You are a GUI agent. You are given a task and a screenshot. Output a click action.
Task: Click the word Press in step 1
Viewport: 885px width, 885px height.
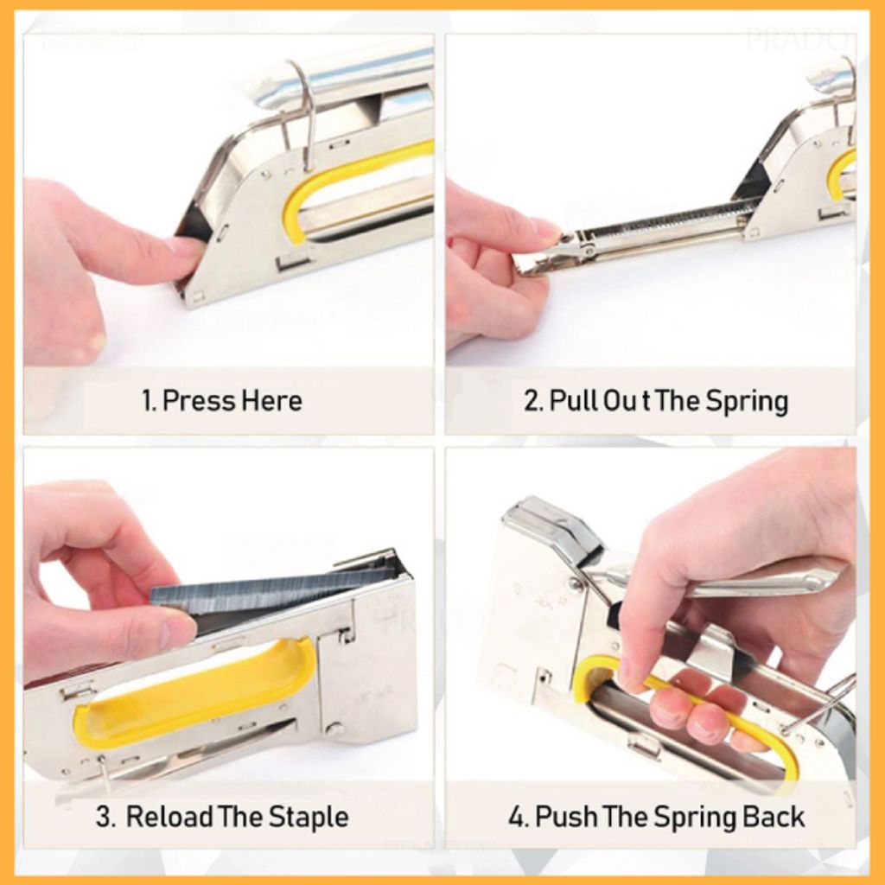pos(199,401)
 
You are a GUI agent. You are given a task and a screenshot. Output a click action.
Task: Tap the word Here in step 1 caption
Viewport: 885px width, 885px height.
pos(271,401)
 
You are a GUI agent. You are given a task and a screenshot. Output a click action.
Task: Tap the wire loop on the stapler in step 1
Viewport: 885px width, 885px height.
pos(304,112)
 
